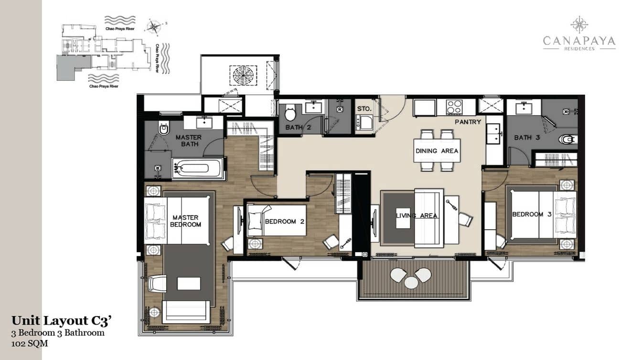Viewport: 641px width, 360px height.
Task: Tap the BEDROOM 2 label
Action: pyautogui.click(x=284, y=222)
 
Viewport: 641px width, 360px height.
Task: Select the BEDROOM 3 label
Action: pyautogui.click(x=532, y=214)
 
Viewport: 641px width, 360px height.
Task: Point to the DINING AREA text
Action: pyautogui.click(x=437, y=151)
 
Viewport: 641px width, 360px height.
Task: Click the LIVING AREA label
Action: pyautogui.click(x=417, y=216)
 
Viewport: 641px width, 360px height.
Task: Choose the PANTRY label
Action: pyautogui.click(x=468, y=122)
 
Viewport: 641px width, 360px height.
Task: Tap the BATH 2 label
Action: pyautogui.click(x=298, y=127)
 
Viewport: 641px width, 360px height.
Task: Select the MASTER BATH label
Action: pyautogui.click(x=188, y=140)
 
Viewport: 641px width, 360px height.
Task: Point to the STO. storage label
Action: pyautogui.click(x=364, y=109)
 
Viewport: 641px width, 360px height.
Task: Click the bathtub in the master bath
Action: pyautogui.click(x=198, y=169)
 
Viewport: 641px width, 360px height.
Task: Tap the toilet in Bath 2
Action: pyautogui.click(x=290, y=114)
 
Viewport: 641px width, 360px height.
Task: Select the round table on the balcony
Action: pyautogui.click(x=411, y=282)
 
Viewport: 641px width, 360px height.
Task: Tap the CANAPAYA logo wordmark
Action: pyautogui.click(x=579, y=42)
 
